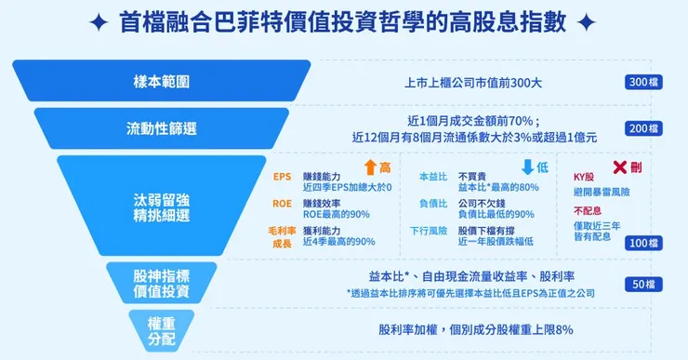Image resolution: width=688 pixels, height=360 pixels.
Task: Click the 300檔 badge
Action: pyautogui.click(x=643, y=83)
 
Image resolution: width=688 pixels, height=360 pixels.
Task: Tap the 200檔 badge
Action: pyautogui.click(x=643, y=128)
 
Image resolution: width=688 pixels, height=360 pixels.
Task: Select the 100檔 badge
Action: pyautogui.click(x=643, y=243)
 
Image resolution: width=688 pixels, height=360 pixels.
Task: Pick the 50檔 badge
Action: pyautogui.click(x=643, y=284)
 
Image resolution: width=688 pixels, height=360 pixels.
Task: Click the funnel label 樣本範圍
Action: pyautogui.click(x=162, y=82)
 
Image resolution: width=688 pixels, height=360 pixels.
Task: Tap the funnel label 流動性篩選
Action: pyautogui.click(x=162, y=128)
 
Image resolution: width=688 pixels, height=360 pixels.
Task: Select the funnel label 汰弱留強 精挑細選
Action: pyautogui.click(x=162, y=206)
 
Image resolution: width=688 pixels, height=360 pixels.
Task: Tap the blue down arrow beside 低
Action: pyautogui.click(x=527, y=167)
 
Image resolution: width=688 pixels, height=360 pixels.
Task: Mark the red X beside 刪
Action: pyautogui.click(x=618, y=167)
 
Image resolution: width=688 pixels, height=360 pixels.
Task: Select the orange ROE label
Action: pyautogui.click(x=282, y=203)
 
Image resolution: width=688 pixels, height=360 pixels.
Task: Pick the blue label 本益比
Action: pyautogui.click(x=434, y=176)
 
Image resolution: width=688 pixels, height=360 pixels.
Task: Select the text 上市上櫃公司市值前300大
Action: pyautogui.click(x=473, y=83)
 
